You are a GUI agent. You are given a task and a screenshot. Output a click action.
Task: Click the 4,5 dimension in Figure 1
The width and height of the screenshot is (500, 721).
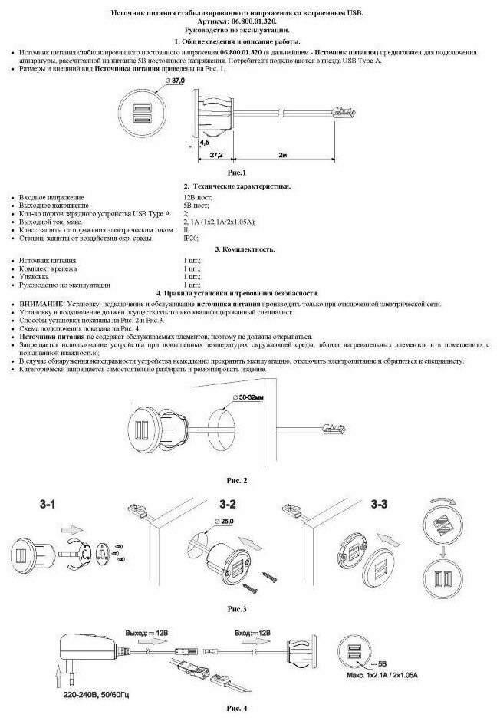(203, 142)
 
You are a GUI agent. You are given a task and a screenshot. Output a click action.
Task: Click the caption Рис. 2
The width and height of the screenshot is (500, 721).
(235, 480)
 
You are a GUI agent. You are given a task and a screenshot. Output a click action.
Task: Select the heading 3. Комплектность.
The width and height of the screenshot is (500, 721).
(248, 249)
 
